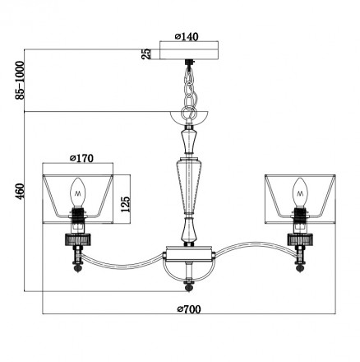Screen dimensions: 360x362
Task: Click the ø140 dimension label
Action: (187, 36)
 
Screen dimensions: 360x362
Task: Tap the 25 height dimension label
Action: (146, 53)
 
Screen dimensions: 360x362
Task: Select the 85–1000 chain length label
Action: (20, 80)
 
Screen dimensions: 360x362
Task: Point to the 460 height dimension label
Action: (20, 191)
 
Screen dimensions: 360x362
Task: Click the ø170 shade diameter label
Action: (81, 158)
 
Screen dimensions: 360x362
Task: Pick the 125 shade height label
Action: (126, 204)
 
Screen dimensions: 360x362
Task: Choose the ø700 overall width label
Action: (189, 309)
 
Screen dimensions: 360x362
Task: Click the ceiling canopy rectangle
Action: (189, 50)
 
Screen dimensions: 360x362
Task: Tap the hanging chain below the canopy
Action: (189, 89)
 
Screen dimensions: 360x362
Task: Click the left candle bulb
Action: (78, 193)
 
